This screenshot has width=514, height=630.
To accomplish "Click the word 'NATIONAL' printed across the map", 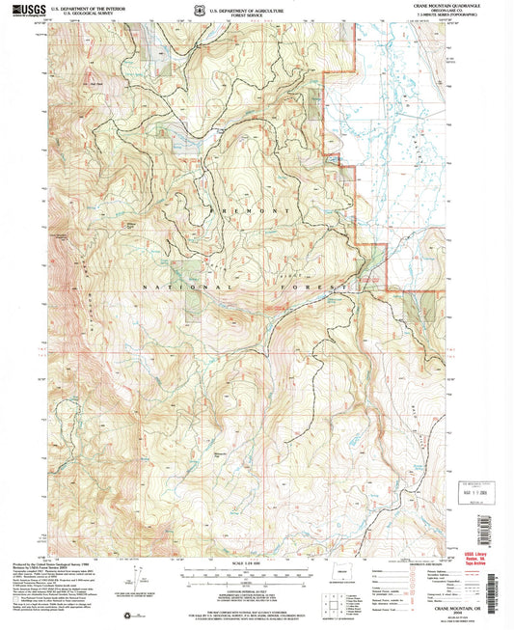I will pyautogui.click(x=162, y=288).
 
